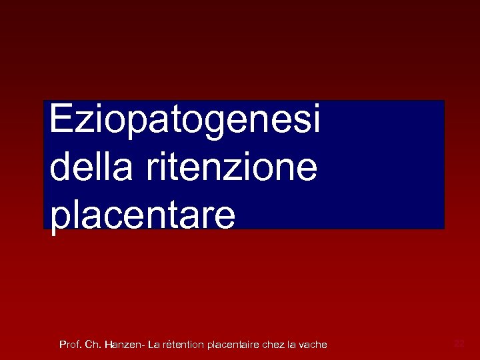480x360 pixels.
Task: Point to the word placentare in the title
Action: (x=142, y=215)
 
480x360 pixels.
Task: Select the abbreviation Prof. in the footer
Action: (x=70, y=345)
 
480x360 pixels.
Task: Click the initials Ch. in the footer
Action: (x=93, y=345)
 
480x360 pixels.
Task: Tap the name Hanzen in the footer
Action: (x=123, y=345)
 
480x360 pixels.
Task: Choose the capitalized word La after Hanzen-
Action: (x=154, y=345)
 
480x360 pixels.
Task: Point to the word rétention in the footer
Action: (x=183, y=345)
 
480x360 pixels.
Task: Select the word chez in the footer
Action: (x=274, y=345)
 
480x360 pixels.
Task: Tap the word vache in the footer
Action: (x=313, y=345)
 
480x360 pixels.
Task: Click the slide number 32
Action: (x=459, y=343)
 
